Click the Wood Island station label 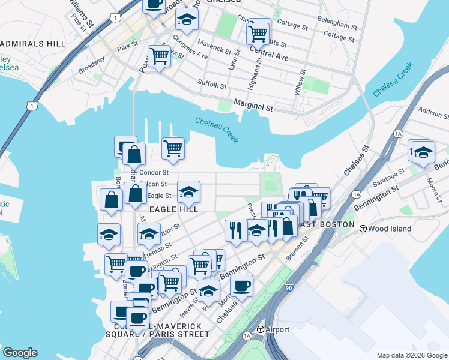pos(390,229)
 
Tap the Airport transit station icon pos(261,329)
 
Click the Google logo pos(20,353)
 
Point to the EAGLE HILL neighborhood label pos(173,208)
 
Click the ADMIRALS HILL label pos(33,44)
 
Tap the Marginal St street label pos(253,107)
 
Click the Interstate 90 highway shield pos(289,289)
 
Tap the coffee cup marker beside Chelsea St pos(241,286)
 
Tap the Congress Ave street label pos(190,47)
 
